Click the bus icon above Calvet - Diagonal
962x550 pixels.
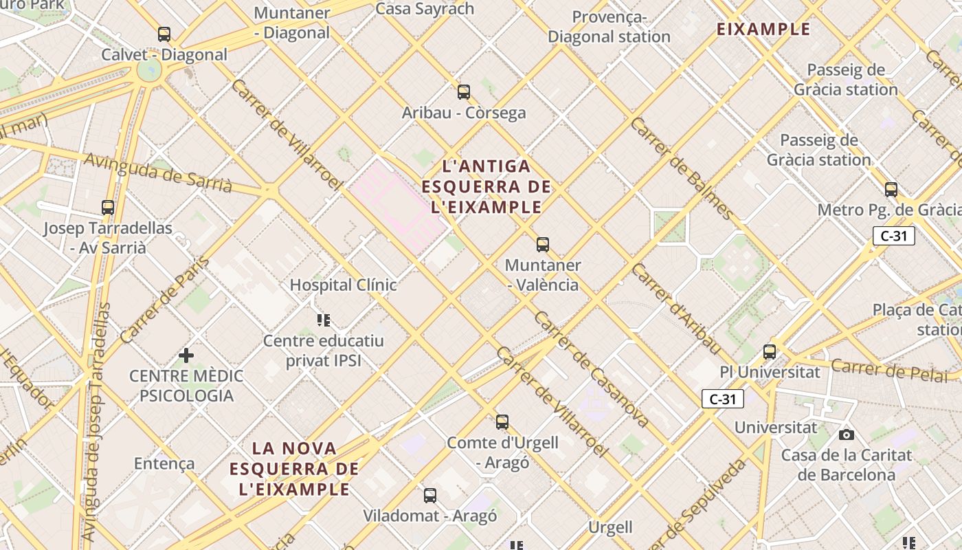click(x=164, y=34)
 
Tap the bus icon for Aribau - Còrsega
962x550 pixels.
click(x=464, y=91)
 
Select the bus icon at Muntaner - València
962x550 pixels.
click(x=543, y=244)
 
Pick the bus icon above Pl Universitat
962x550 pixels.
click(x=770, y=352)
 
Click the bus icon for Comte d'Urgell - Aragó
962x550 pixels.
click(x=502, y=421)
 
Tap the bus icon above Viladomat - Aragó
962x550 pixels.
click(x=430, y=495)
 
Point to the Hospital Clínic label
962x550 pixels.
click(x=343, y=285)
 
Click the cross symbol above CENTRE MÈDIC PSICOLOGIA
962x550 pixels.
click(x=186, y=355)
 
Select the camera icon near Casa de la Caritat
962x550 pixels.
click(x=847, y=434)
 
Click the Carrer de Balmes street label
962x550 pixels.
click(x=681, y=168)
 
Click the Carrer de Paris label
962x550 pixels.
click(x=164, y=300)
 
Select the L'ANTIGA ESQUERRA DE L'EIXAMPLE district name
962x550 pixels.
click(x=486, y=186)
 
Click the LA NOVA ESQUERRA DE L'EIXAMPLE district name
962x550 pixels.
click(x=295, y=469)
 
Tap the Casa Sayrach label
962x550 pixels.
click(x=425, y=9)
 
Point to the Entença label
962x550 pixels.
click(x=164, y=463)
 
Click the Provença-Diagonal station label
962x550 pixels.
click(x=609, y=27)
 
